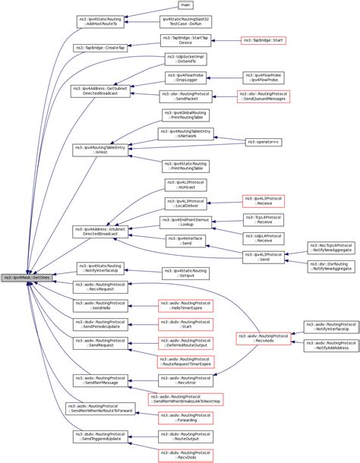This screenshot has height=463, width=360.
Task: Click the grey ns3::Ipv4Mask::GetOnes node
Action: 27,277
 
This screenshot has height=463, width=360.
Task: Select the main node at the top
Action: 186,5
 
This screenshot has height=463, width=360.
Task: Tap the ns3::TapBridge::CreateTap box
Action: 99,48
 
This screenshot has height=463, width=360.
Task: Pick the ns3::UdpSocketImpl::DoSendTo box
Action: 186,59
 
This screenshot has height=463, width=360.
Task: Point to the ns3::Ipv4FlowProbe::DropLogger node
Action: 186,78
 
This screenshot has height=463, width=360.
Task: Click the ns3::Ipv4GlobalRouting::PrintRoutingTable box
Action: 186,115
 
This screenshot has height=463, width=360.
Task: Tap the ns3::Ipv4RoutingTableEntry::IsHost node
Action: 99,149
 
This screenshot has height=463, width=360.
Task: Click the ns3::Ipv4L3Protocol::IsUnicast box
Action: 186,185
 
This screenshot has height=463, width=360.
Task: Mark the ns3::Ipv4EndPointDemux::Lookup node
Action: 186,222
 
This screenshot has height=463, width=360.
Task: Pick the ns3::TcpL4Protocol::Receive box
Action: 262,219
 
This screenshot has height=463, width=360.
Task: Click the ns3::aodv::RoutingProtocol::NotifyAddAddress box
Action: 332,345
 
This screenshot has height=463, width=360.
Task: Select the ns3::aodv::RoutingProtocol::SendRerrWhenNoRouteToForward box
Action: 99,408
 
